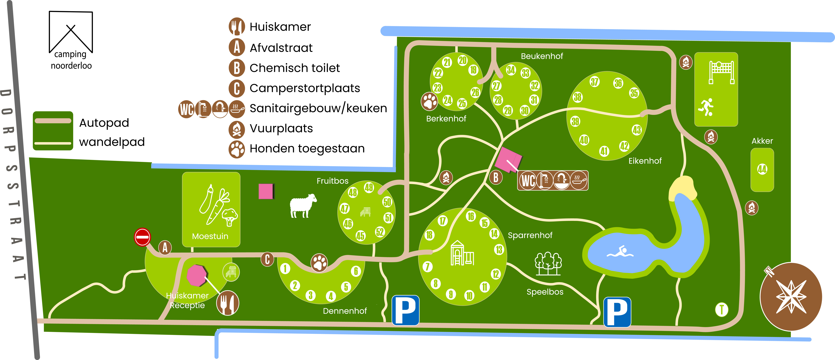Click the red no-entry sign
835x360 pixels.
(x=142, y=237)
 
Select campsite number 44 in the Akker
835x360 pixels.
(x=762, y=169)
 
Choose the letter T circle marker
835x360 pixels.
(x=722, y=309)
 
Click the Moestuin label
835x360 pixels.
(x=210, y=236)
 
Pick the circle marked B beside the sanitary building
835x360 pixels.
(x=496, y=177)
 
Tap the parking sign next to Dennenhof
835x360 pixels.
(x=405, y=310)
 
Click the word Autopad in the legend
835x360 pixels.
(x=104, y=123)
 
